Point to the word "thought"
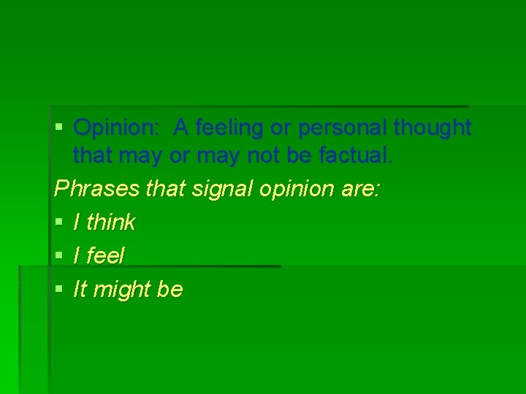point(432,128)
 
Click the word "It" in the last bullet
point(80,290)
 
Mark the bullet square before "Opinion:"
point(60,128)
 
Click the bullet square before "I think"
point(60,222)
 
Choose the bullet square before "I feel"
point(60,255)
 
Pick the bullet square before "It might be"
point(60,289)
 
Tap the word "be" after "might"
point(170,290)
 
